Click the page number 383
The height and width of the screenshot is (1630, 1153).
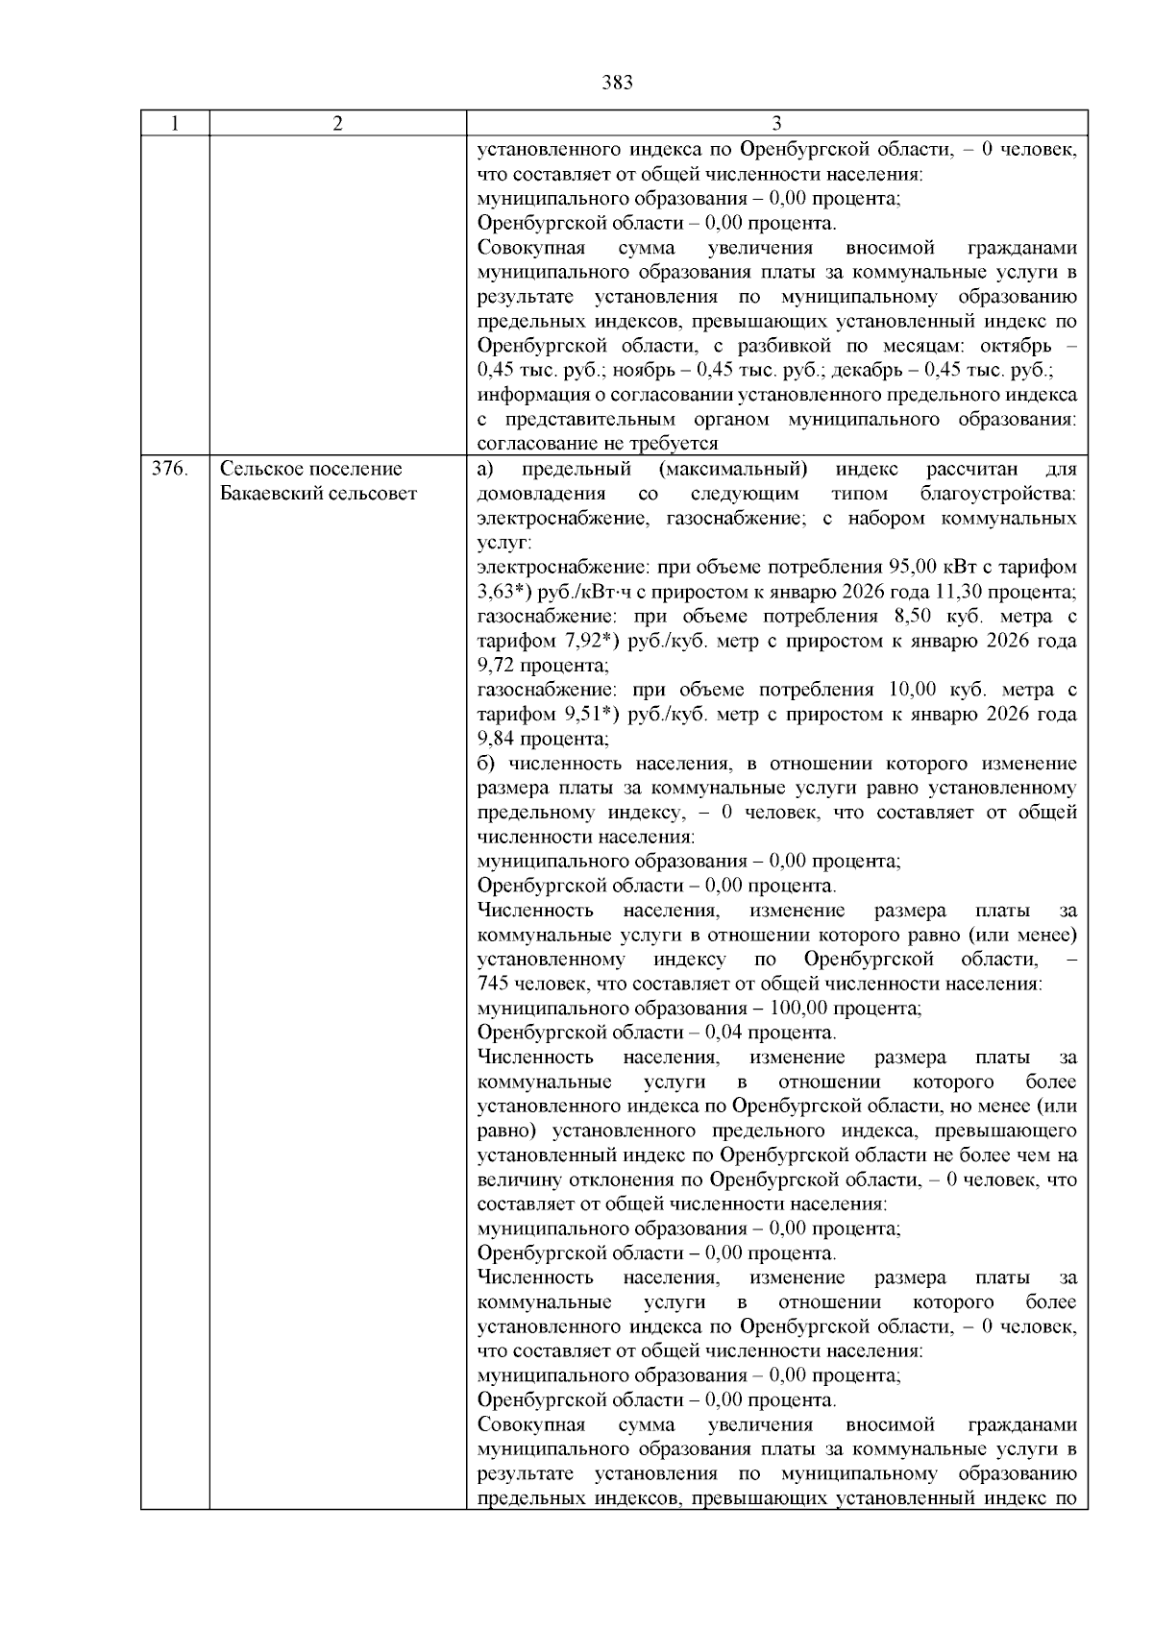tap(617, 83)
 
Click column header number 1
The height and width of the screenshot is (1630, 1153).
tap(174, 124)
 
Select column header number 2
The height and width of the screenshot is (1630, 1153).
tap(337, 124)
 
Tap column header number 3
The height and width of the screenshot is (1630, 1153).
tap(776, 124)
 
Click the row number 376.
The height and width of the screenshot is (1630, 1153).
tap(169, 470)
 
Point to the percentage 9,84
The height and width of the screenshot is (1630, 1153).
tap(497, 739)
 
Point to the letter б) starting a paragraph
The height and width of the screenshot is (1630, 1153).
tap(486, 764)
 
